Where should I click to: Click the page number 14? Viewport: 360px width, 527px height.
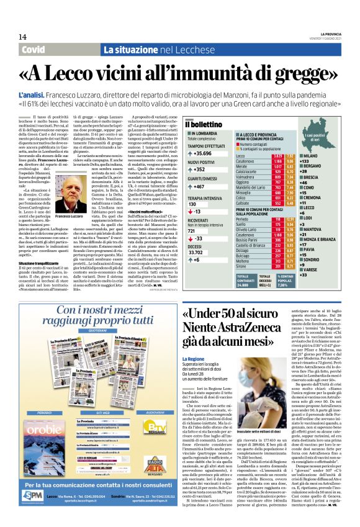click(x=22, y=37)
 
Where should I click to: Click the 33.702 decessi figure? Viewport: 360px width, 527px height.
click(x=197, y=252)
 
